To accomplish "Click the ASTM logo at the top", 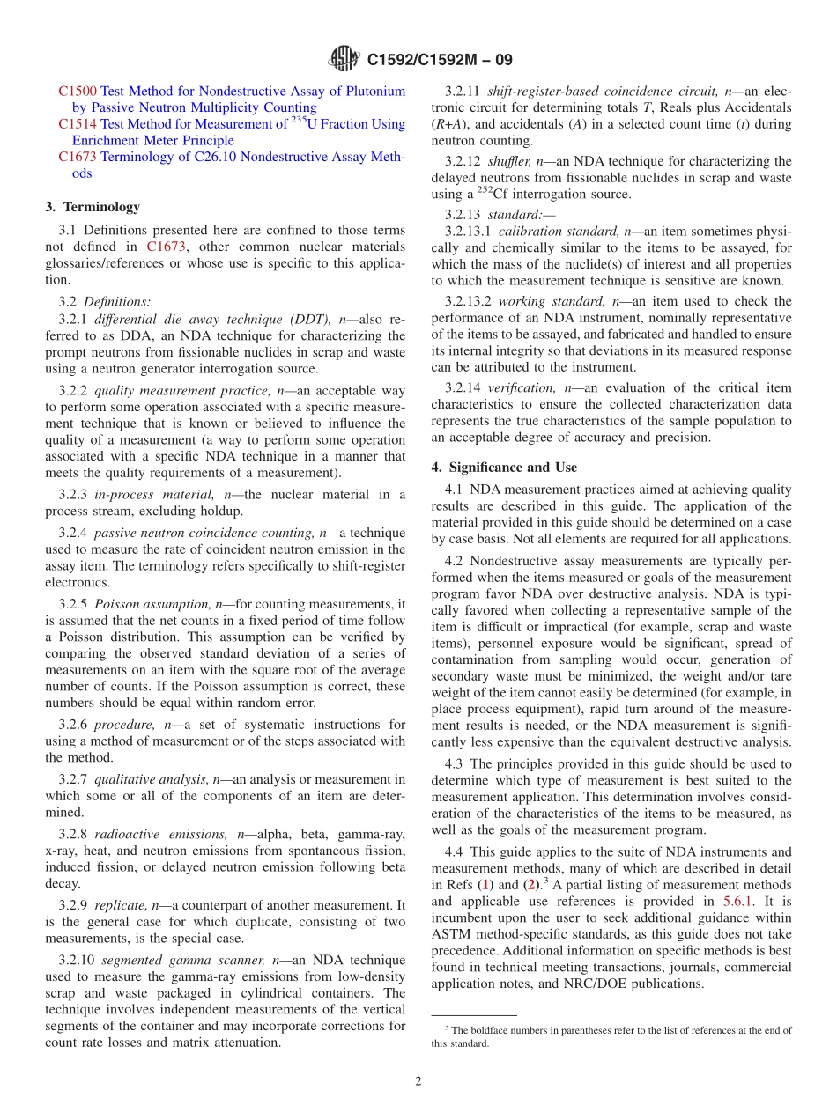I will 343,59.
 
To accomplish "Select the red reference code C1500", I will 78,91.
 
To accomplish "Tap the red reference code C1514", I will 78,124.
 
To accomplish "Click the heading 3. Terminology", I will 93,207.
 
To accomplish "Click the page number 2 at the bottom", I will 418,1081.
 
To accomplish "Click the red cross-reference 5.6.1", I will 737,901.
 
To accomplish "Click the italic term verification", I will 522,387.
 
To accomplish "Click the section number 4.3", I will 454,763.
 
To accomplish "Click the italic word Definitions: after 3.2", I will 117,301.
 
